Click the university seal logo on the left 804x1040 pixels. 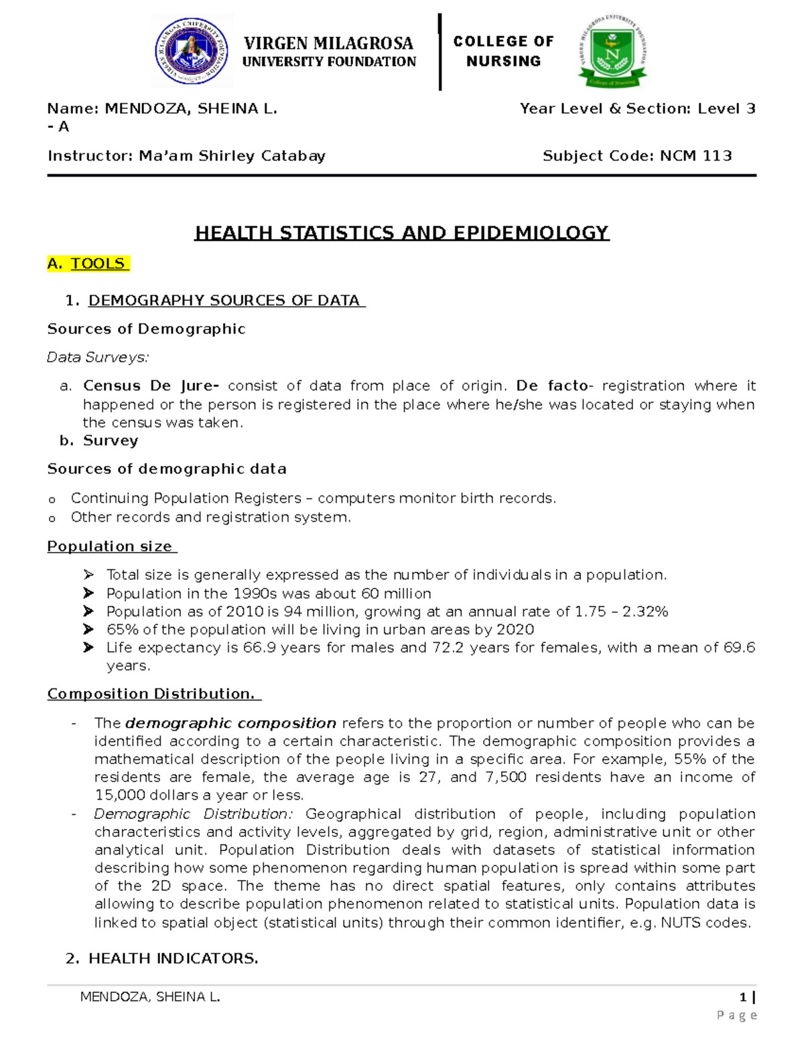pyautogui.click(x=192, y=52)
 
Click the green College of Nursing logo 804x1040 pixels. pyautogui.click(x=613, y=52)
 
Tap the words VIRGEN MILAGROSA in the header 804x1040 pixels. pyautogui.click(x=328, y=44)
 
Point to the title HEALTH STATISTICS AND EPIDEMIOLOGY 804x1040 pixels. pyautogui.click(x=401, y=233)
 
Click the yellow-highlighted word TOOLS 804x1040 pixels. pyautogui.click(x=98, y=264)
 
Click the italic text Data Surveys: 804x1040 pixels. pyautogui.click(x=98, y=358)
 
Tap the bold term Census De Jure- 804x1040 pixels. pyautogui.click(x=151, y=386)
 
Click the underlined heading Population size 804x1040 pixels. pyautogui.click(x=110, y=546)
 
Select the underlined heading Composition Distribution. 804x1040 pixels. pyautogui.click(x=152, y=694)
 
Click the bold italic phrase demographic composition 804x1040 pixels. pyautogui.click(x=230, y=723)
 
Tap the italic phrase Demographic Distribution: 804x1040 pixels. pyautogui.click(x=194, y=814)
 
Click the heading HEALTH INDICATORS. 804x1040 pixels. pyautogui.click(x=173, y=958)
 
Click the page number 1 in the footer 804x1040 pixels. pyautogui.click(x=743, y=997)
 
